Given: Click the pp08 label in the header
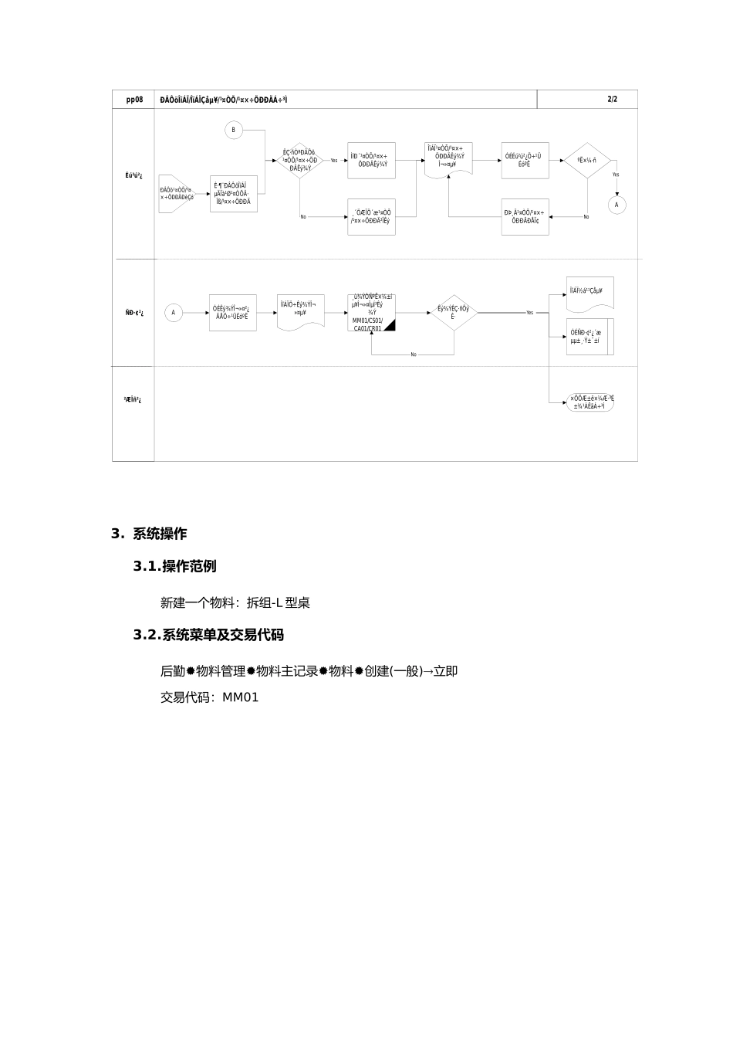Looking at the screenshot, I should click(x=133, y=100).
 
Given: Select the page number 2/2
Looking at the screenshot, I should click(x=612, y=100).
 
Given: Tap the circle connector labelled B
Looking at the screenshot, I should click(x=234, y=130).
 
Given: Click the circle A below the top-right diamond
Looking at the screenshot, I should click(x=616, y=205).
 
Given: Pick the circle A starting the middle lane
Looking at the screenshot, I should click(x=174, y=313).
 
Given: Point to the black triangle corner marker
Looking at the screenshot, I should click(x=390, y=325).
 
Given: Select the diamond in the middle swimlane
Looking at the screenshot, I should click(x=453, y=313).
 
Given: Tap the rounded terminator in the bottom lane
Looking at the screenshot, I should click(x=591, y=402).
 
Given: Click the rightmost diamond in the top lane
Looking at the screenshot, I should click(x=587, y=161).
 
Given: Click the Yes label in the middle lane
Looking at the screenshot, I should click(x=529, y=313).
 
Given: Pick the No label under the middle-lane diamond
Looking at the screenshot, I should click(x=414, y=354).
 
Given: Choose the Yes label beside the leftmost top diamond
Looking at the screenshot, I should click(x=334, y=161).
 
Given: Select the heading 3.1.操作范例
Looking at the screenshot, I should click(x=174, y=566).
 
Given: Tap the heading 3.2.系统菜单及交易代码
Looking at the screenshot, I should click(x=208, y=635).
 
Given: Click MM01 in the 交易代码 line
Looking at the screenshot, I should click(x=241, y=697).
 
